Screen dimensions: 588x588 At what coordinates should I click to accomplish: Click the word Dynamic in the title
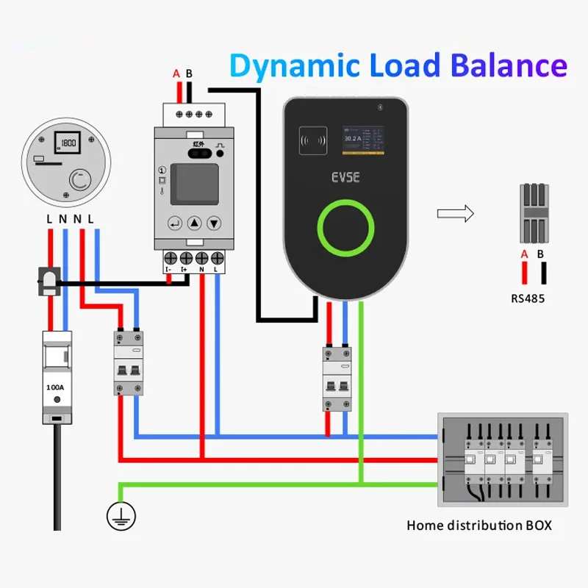(290, 65)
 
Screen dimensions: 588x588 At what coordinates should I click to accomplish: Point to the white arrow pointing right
(455, 214)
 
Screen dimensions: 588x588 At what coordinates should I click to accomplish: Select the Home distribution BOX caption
(478, 526)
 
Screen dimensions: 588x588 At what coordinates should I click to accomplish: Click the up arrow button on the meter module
(194, 223)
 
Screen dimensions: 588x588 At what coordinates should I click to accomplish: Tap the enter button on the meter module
(174, 223)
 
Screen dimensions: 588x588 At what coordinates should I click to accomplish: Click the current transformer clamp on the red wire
(49, 282)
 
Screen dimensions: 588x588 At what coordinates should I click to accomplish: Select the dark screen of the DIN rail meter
(193, 184)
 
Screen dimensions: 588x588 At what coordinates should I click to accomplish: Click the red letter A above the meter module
(176, 73)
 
